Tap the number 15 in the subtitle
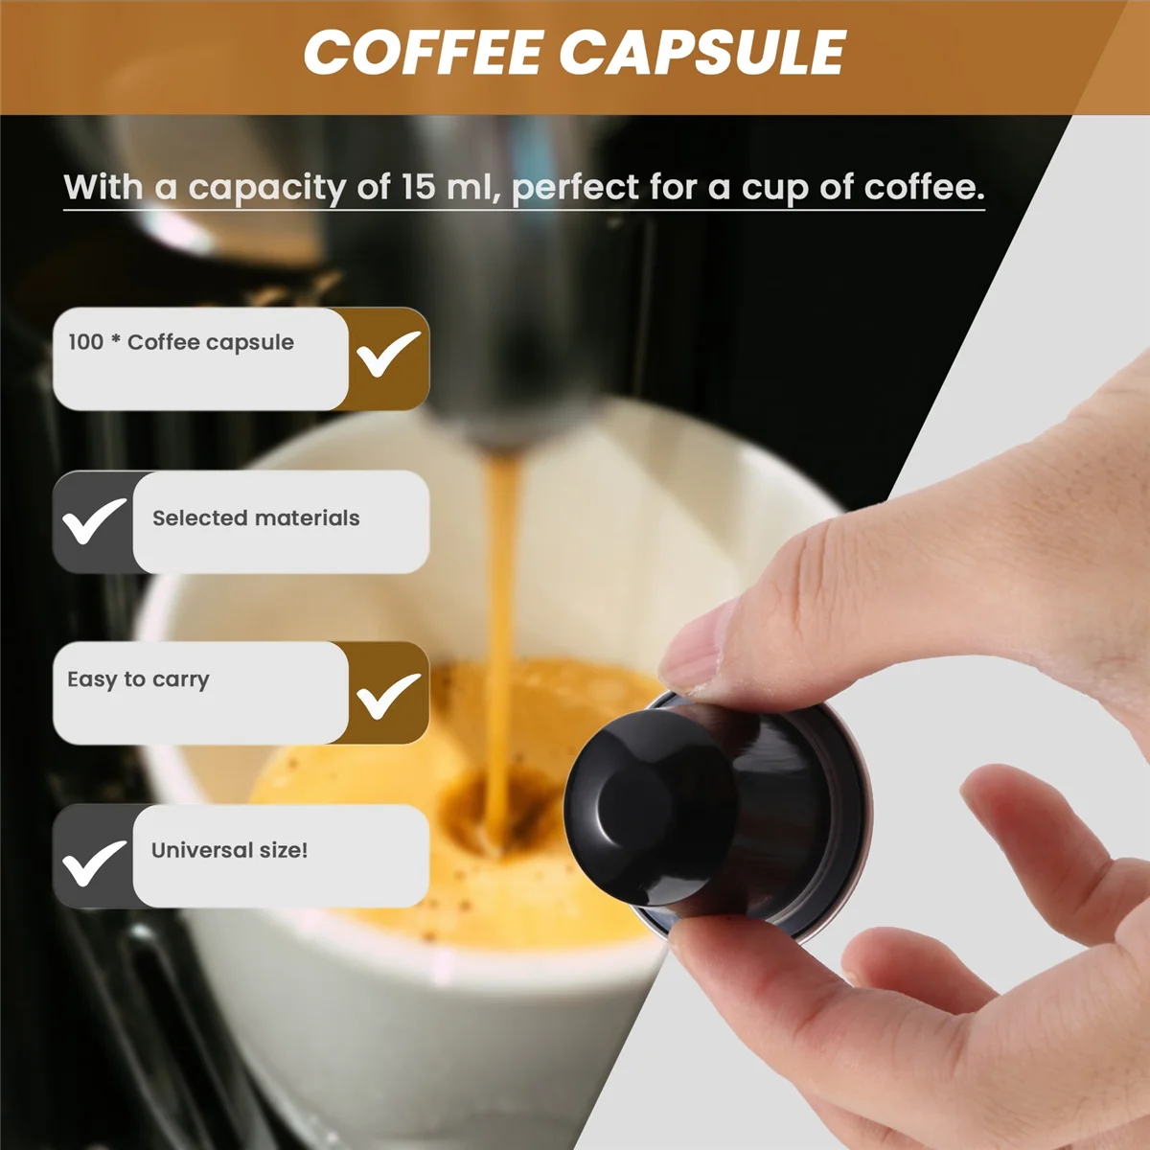418,187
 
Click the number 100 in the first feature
85,342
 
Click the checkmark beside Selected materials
93,520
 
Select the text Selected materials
256,518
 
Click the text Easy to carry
138,679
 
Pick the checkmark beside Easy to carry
388,695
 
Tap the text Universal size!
229,850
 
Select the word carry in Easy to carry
180,680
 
